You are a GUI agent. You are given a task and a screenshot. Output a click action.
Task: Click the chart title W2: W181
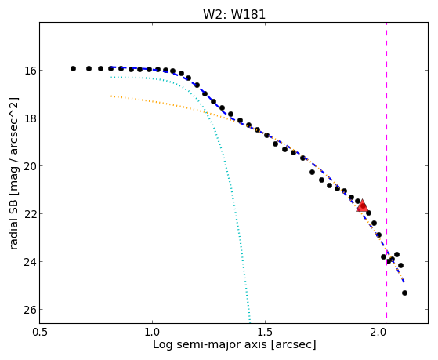tap(234, 14)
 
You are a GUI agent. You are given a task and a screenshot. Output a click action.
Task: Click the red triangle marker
tap(362, 205)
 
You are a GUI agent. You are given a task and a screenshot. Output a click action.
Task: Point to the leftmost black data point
tap(73, 68)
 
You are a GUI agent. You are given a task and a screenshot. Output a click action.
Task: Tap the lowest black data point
tap(404, 293)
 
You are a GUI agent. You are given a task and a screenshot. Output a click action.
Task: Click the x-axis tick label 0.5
tap(40, 332)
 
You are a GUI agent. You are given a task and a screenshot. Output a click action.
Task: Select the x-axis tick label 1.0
tap(152, 332)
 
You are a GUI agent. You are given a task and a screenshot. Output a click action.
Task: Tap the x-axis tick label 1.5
tap(265, 332)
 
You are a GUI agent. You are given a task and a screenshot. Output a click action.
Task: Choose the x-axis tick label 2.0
tap(378, 332)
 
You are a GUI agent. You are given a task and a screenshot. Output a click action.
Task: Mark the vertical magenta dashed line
tap(386, 170)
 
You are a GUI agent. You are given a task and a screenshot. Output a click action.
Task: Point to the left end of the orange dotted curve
tap(111, 96)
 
